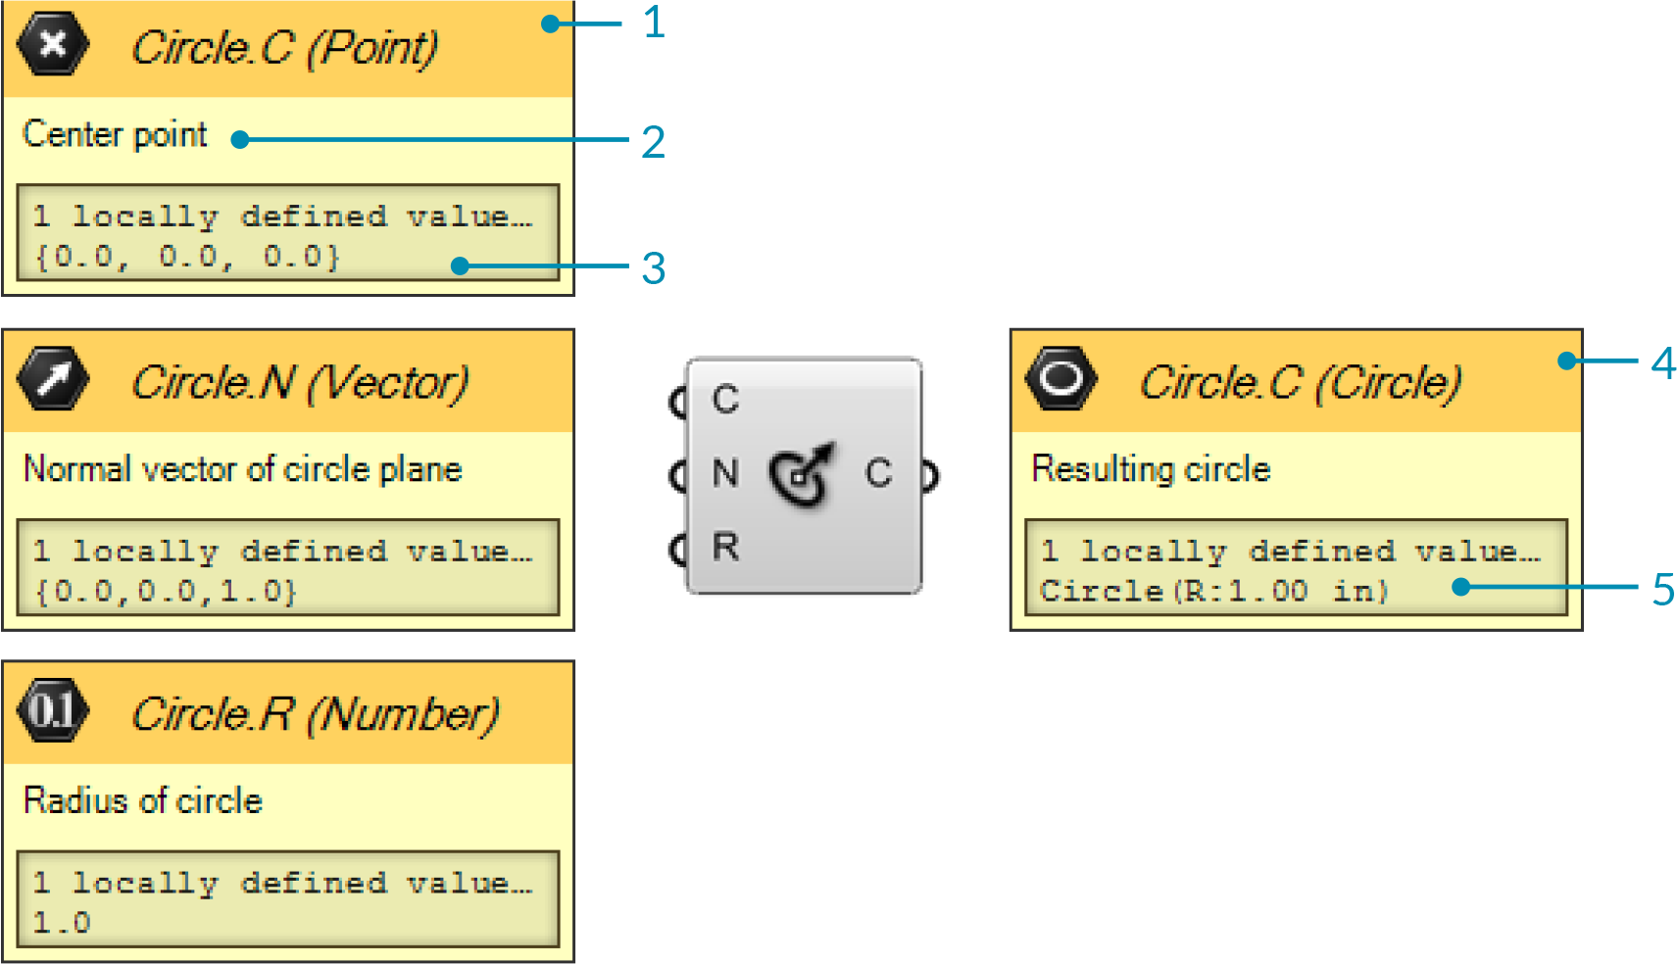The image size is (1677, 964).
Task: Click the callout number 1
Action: coord(654,23)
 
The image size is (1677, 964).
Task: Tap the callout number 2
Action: coord(654,143)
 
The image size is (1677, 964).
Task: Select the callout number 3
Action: coord(654,268)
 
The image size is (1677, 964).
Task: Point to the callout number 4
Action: coord(1662,363)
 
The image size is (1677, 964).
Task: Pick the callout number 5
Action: coord(1662,590)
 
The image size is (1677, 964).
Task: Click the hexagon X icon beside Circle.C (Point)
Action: coord(53,44)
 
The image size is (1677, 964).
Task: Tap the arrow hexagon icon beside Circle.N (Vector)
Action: coord(53,378)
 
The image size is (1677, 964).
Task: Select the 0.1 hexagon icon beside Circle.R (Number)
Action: coord(53,710)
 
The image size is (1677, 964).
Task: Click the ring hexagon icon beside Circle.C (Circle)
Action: coord(1060,378)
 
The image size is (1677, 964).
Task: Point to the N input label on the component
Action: coord(725,473)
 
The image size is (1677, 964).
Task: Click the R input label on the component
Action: coord(725,547)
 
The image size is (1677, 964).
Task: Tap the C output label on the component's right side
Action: coord(878,473)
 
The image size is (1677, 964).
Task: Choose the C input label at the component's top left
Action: coord(725,400)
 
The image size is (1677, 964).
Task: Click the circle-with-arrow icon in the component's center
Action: coord(803,474)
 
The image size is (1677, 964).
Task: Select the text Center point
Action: coord(115,134)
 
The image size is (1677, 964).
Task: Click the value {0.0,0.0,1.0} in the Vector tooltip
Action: coord(166,592)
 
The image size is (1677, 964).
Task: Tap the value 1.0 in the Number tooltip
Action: coord(61,923)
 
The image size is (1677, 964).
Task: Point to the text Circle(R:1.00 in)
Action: coord(1213,592)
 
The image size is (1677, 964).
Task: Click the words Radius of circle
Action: coord(143,800)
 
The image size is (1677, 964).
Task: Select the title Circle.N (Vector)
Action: coord(300,382)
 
